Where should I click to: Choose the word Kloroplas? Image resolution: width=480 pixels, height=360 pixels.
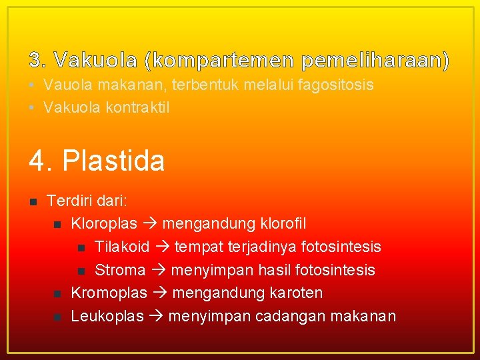point(103,223)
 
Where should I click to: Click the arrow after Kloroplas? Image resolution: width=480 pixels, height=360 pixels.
point(150,223)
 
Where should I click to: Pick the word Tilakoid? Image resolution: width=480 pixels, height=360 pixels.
point(122,247)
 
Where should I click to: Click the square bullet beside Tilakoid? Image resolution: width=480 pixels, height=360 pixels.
point(81,248)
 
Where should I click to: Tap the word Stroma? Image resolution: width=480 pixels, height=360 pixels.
point(120,270)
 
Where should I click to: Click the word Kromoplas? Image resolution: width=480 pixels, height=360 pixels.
point(109,293)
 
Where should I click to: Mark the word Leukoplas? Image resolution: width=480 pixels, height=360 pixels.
point(107,316)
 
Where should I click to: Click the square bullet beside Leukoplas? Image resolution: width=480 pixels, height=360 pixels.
point(58,317)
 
